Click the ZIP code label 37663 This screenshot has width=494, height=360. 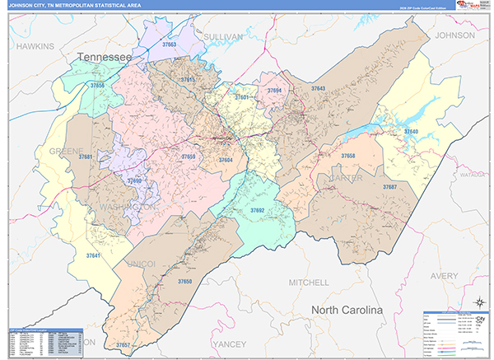169,44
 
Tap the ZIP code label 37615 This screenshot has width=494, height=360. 187,80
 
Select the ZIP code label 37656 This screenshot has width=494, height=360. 98,86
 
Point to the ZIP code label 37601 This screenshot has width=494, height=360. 242,97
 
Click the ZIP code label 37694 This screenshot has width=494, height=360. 274,91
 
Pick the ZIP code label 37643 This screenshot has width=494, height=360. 318,88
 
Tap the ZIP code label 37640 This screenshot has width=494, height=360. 410,132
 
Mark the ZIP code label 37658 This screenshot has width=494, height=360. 348,155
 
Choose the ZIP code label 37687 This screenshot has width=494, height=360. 389,187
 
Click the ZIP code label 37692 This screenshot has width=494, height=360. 258,210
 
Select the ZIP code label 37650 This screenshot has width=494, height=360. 184,281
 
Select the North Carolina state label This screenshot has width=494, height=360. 347,311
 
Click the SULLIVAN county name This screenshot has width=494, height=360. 223,37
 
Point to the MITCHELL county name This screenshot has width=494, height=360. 308,283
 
